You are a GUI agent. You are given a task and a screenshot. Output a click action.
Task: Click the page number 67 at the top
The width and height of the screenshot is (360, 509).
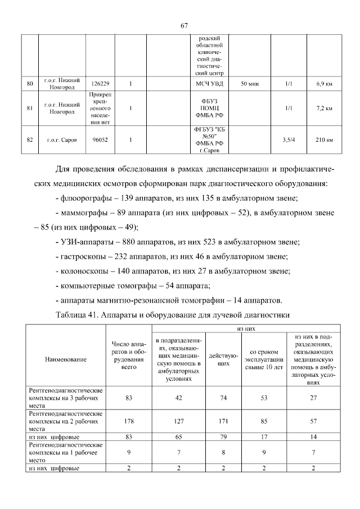(x=184, y=25)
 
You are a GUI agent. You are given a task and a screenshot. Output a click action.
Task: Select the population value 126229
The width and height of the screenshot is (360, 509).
(x=100, y=84)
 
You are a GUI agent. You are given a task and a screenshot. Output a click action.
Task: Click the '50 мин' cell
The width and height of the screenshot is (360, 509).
(x=250, y=84)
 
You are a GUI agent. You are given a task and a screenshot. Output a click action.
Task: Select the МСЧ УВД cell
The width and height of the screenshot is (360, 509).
(x=209, y=84)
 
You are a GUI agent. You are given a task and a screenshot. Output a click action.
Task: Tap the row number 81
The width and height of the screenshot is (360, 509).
(x=30, y=108)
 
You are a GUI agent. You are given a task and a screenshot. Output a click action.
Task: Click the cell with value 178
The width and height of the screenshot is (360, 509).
(x=129, y=420)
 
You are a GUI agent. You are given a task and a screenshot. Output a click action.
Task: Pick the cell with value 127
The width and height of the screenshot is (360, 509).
(x=179, y=420)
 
